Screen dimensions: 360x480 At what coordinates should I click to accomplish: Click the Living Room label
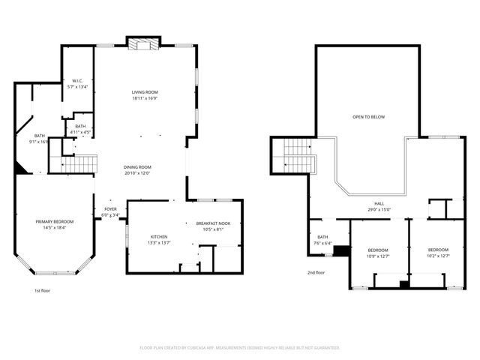click(144, 91)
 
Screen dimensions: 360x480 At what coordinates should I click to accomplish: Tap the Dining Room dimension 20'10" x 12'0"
click(137, 173)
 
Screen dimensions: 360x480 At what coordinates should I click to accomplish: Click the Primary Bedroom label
click(55, 222)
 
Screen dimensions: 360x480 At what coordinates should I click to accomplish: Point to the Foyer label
click(110, 209)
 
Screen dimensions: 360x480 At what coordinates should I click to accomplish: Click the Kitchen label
click(158, 236)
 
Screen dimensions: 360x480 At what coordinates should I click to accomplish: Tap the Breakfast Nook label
click(213, 223)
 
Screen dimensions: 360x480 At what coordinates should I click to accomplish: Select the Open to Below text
click(368, 117)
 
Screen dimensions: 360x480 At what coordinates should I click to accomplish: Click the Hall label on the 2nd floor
click(380, 203)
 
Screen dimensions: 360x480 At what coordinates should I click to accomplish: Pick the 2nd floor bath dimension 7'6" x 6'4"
click(322, 242)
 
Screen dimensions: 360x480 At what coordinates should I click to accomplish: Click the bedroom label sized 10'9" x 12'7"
click(378, 250)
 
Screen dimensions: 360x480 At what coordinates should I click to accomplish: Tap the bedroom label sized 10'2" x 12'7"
click(438, 250)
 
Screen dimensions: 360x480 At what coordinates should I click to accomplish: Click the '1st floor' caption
click(42, 290)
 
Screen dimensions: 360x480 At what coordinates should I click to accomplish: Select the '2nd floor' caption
click(316, 272)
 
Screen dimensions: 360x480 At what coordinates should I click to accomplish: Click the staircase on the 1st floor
click(79, 163)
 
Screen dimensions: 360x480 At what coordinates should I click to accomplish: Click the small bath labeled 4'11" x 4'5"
click(80, 126)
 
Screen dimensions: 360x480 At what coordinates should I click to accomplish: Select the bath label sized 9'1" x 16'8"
click(39, 136)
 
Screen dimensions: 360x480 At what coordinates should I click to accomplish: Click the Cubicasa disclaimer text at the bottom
click(240, 348)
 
